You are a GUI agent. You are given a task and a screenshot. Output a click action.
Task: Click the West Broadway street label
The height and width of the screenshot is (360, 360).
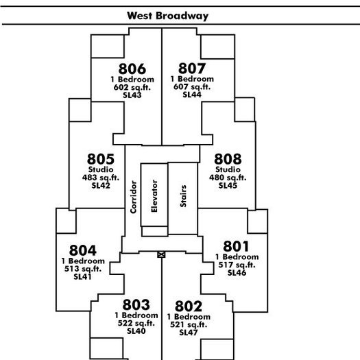[x=167, y=16]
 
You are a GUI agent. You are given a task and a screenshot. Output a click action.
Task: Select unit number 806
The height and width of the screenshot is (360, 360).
[x=132, y=69]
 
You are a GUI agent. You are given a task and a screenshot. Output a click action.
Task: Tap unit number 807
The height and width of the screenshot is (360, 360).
[x=192, y=68]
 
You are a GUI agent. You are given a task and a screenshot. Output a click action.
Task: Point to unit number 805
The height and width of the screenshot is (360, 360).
[x=101, y=159]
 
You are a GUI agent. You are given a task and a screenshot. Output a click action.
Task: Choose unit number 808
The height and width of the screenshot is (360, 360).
[x=228, y=159]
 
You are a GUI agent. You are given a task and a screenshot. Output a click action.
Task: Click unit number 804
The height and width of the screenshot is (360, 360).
[x=83, y=250]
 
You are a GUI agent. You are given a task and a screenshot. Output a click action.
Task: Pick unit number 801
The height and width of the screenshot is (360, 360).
[x=236, y=246]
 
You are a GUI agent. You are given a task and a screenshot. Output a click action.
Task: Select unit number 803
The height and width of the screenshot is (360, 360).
[x=136, y=304]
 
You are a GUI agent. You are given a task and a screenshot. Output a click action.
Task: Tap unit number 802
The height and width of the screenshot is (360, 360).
[x=189, y=306]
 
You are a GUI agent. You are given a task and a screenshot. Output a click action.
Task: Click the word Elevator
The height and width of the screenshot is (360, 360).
[x=154, y=196]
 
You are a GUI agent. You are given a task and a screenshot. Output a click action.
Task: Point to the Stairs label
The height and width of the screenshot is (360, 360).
[x=183, y=196]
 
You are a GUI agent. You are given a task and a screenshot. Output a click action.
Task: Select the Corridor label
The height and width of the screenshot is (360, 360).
[x=133, y=197]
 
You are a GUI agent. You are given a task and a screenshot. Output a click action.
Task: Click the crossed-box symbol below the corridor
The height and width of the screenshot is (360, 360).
[x=161, y=254]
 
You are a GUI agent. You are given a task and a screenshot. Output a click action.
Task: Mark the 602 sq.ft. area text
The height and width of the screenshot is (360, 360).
[x=132, y=87]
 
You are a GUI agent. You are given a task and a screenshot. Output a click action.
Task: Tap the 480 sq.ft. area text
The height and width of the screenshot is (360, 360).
[x=228, y=178]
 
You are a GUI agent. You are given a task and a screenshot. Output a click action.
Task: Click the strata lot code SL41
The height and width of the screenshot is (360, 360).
[x=83, y=276]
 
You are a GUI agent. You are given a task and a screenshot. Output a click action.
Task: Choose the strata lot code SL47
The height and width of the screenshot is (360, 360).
[x=189, y=333]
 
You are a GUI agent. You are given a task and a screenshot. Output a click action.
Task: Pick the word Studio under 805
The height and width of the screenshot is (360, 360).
[x=101, y=169]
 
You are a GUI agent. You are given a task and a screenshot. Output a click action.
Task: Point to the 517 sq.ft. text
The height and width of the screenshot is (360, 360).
[x=237, y=265]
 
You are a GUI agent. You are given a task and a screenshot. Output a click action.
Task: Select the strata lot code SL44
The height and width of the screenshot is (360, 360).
[x=192, y=95]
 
